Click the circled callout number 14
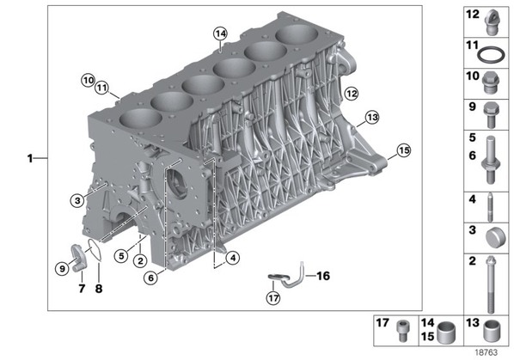point(220,34)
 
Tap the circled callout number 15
point(403,150)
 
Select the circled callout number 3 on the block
point(77,200)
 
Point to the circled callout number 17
point(273,298)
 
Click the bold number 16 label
point(323,276)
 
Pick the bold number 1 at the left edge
point(30,159)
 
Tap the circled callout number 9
point(62,269)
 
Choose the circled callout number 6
point(150,278)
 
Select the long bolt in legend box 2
point(491,284)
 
